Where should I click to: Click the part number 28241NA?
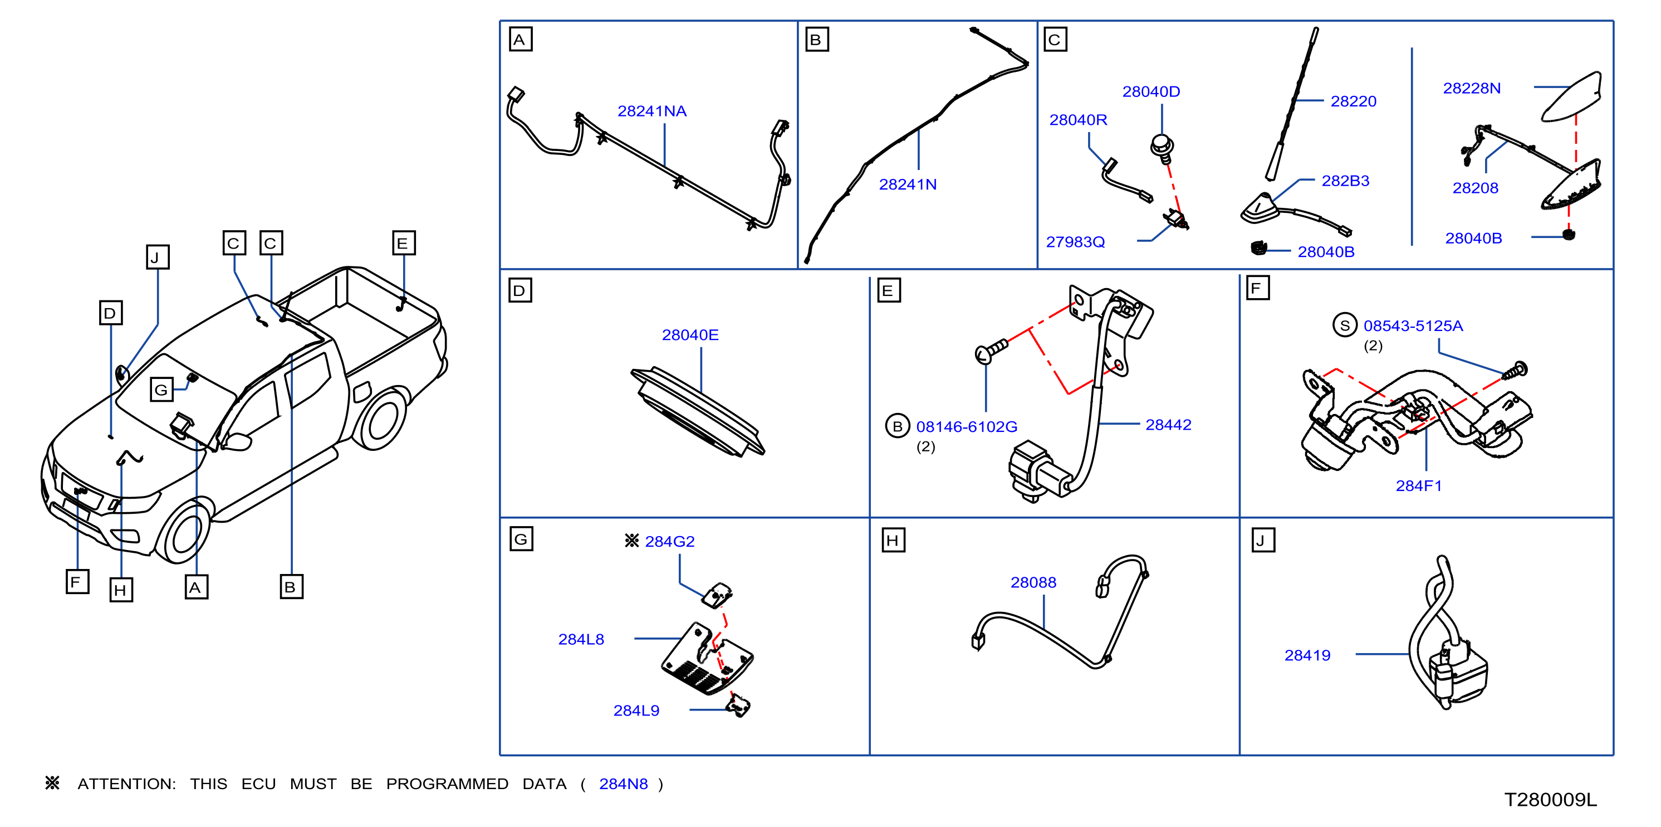[x=652, y=111]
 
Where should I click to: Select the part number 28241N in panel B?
[x=907, y=184]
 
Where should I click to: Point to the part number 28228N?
[x=1472, y=89]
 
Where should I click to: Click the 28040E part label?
[x=690, y=335]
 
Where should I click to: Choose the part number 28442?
[x=1168, y=425]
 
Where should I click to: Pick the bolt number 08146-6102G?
[x=967, y=426]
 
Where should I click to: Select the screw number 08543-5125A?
[x=1413, y=326]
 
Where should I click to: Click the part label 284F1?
[x=1419, y=486]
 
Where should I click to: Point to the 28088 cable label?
[x=1033, y=582]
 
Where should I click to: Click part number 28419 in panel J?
[x=1307, y=655]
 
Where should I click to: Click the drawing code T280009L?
[x=1550, y=800]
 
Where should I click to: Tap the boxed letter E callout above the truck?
[x=404, y=243]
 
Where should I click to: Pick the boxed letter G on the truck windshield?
[x=161, y=390]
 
